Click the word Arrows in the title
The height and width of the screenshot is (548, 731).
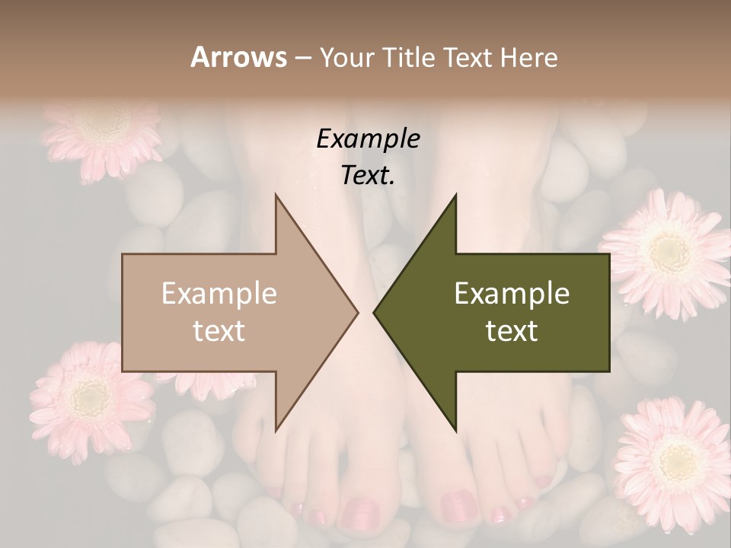click(238, 57)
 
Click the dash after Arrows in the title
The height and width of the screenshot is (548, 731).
click(302, 59)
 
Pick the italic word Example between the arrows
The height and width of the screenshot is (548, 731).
click(368, 139)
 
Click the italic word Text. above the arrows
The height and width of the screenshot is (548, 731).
click(368, 176)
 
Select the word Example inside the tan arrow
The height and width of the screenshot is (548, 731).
click(219, 294)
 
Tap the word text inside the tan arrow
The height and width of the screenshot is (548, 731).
click(219, 330)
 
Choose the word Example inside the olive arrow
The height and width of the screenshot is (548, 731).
click(512, 294)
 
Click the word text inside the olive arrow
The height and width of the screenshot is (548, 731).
click(512, 330)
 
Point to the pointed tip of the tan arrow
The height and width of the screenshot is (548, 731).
click(356, 312)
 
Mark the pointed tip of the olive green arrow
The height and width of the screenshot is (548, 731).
click(375, 312)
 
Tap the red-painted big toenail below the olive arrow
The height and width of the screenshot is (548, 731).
click(460, 504)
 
